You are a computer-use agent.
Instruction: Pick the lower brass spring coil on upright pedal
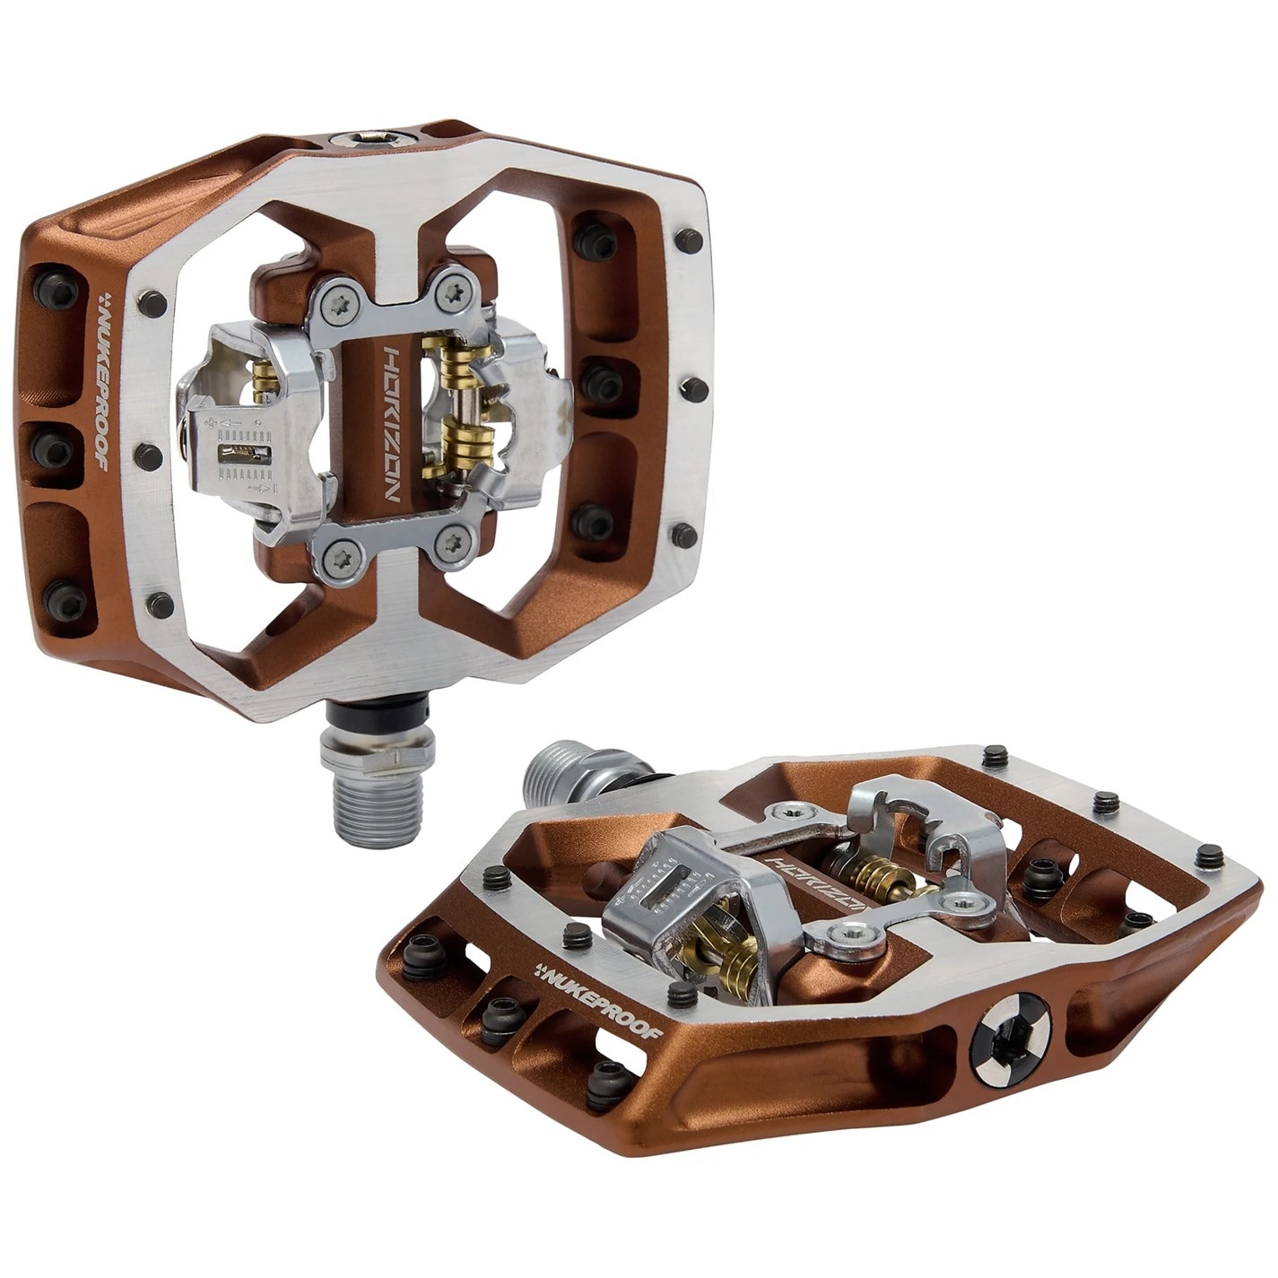pyautogui.click(x=465, y=442)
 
